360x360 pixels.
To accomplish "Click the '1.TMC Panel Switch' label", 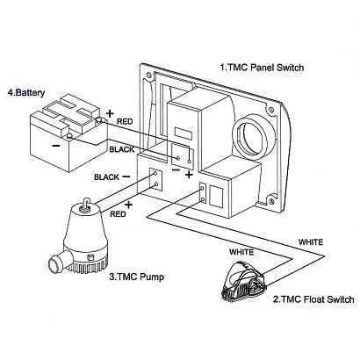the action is pos(262,68).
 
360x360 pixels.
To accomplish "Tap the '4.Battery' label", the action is pos(26,93).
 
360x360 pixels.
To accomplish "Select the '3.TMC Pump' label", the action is pos(137,277).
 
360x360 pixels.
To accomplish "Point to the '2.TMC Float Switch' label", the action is pos(313,299).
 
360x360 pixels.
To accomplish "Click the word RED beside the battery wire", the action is pos(125,121).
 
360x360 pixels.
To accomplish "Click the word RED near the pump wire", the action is pos(118,214).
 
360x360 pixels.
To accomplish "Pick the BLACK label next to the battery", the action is pos(122,149).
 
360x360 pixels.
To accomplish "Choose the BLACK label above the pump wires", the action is pos(106,177).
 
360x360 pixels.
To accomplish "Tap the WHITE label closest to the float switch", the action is pos(241,252).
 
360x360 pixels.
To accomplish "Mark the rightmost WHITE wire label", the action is pos(311,242).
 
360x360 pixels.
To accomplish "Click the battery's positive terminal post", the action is pos(99,119).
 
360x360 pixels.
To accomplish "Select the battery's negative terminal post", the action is pos(69,135).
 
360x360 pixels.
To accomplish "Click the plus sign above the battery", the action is pos(110,113).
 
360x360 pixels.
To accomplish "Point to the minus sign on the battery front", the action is pos(57,146).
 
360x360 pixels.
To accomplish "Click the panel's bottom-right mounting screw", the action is pos(273,201).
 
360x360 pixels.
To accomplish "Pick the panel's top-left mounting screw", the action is pos(149,75).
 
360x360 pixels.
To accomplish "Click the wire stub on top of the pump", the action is pos(85,204).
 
